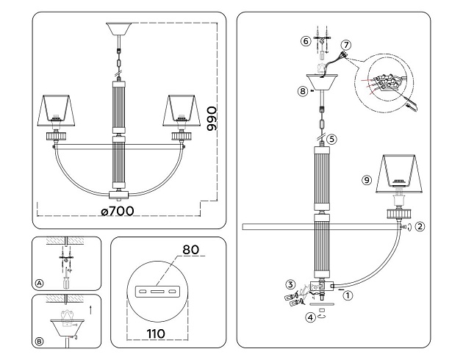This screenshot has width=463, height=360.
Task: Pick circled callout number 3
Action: (291, 284)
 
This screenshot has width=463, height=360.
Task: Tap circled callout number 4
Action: (311, 317)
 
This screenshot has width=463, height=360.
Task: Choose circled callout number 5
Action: (332, 137)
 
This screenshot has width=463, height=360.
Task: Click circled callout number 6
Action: (306, 41)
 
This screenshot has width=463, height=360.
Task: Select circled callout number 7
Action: (346, 45)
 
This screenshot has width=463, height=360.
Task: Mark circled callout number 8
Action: (302, 92)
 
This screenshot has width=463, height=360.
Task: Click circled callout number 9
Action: (367, 179)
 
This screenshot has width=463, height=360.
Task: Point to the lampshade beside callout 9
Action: (401, 173)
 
